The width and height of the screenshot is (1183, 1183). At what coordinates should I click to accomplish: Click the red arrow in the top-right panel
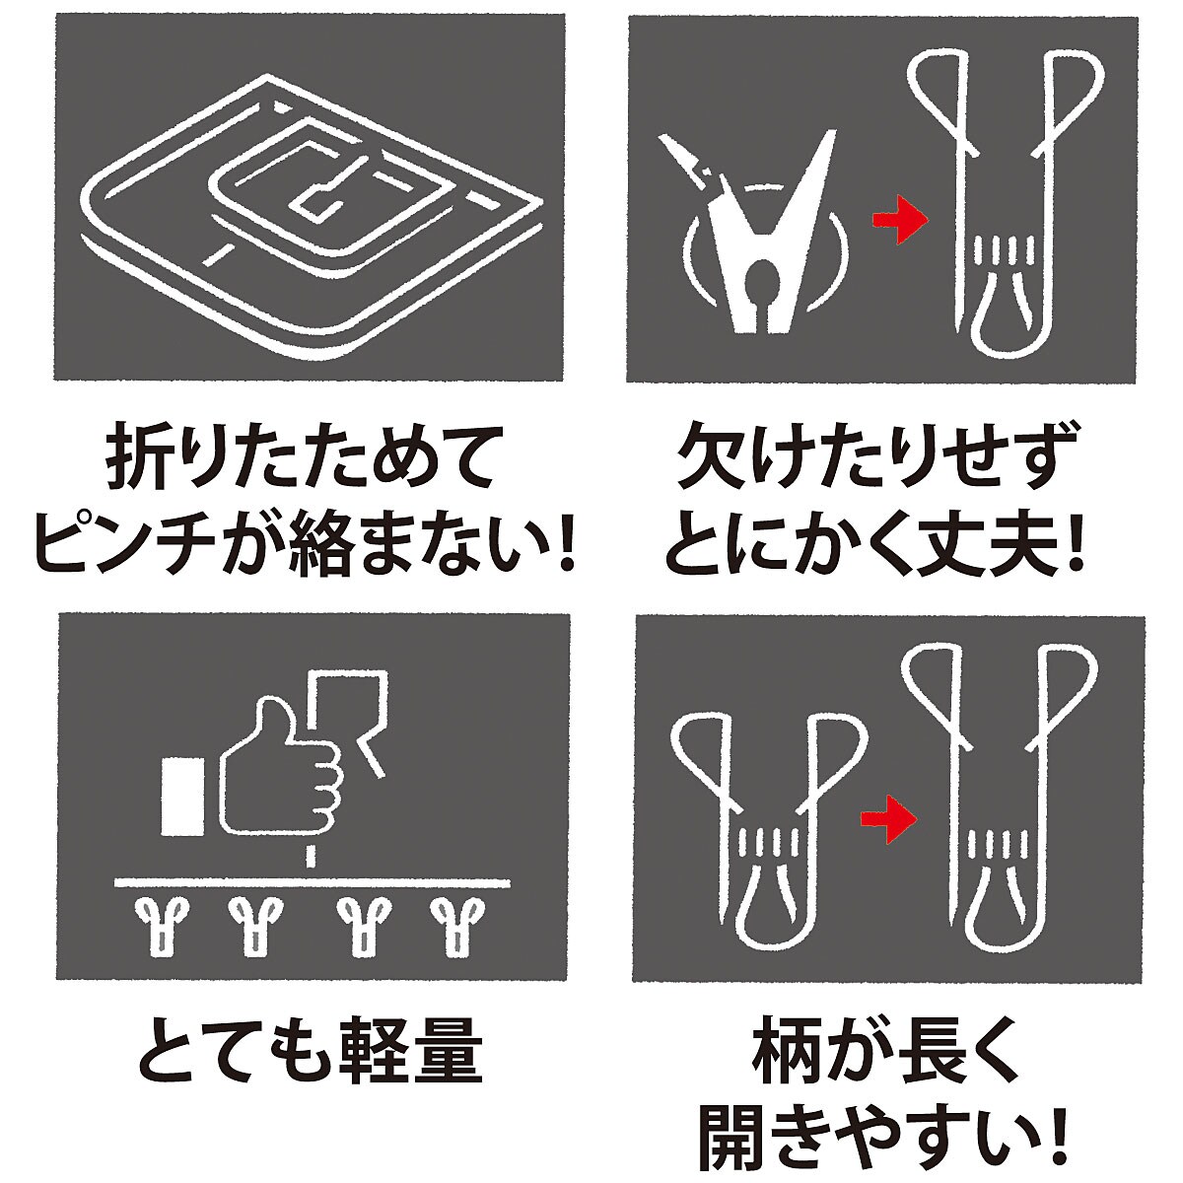click(899, 220)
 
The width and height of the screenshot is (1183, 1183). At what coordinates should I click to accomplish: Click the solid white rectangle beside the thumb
click(182, 797)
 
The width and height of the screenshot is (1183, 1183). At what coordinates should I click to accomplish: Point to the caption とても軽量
click(310, 1050)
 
